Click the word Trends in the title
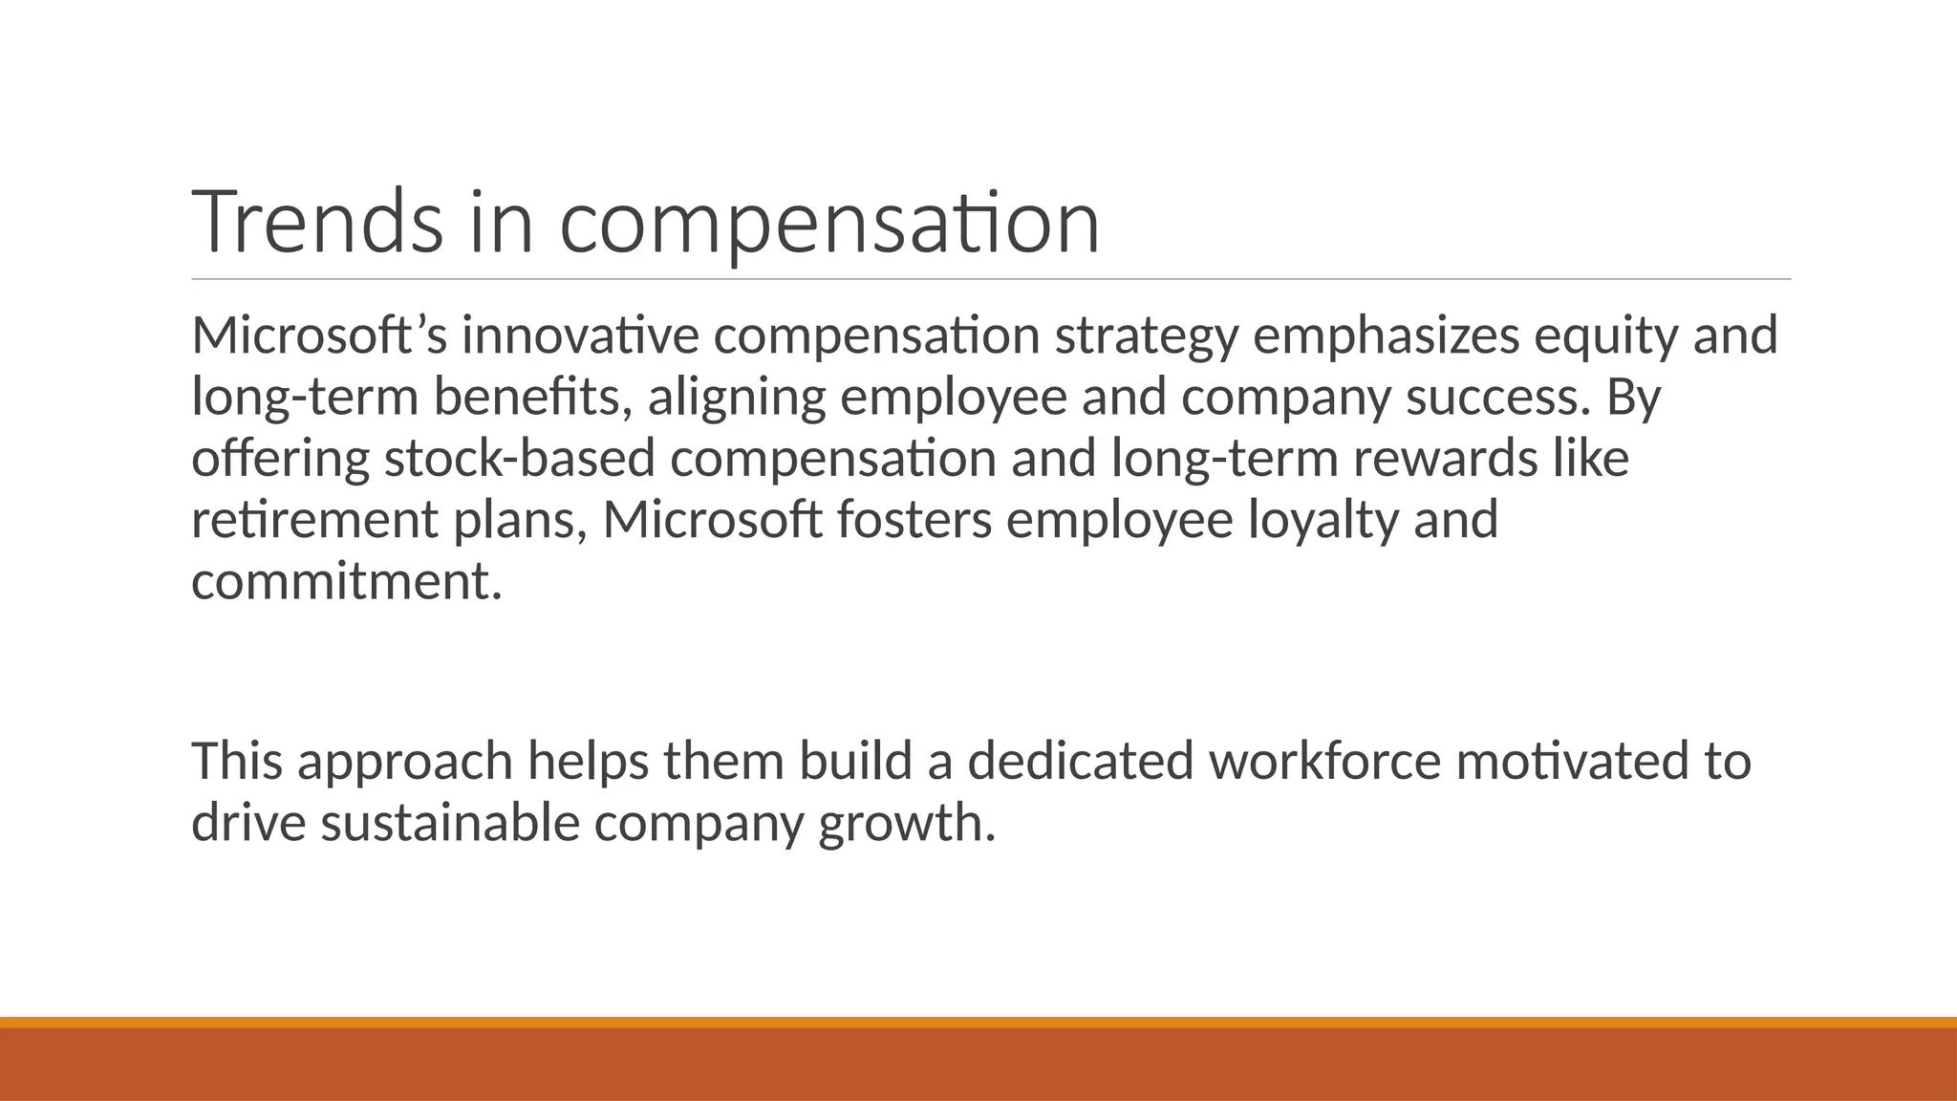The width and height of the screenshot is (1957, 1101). [317, 222]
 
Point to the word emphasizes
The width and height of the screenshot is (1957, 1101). [1386, 337]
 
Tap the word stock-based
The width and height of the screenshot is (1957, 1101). [519, 459]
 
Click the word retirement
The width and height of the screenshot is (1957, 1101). [314, 520]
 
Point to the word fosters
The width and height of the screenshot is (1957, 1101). [914, 520]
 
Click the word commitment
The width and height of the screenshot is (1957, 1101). [346, 581]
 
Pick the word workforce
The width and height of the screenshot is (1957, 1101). [1324, 761]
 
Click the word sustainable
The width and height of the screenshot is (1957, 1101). [449, 822]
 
